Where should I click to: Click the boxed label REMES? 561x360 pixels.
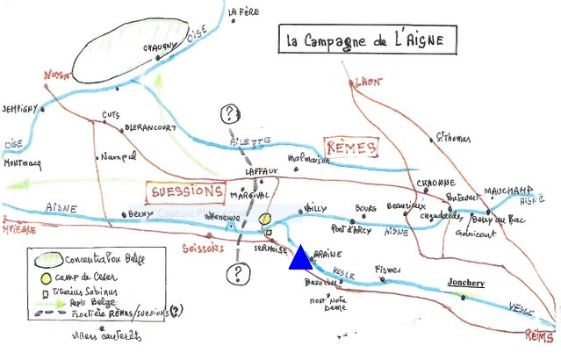[349, 148]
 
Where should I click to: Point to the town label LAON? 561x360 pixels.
[369, 82]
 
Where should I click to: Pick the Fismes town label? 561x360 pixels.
[387, 268]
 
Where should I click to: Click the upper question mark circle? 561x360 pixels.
[230, 113]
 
